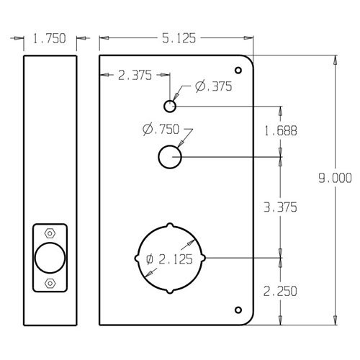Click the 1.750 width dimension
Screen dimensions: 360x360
(50, 41)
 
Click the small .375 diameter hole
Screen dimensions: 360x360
(169, 107)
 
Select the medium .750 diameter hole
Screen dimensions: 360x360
(169, 157)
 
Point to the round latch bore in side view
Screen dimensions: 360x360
(50, 258)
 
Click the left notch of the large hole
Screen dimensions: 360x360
(138, 258)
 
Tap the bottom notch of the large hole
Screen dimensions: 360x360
(171, 290)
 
